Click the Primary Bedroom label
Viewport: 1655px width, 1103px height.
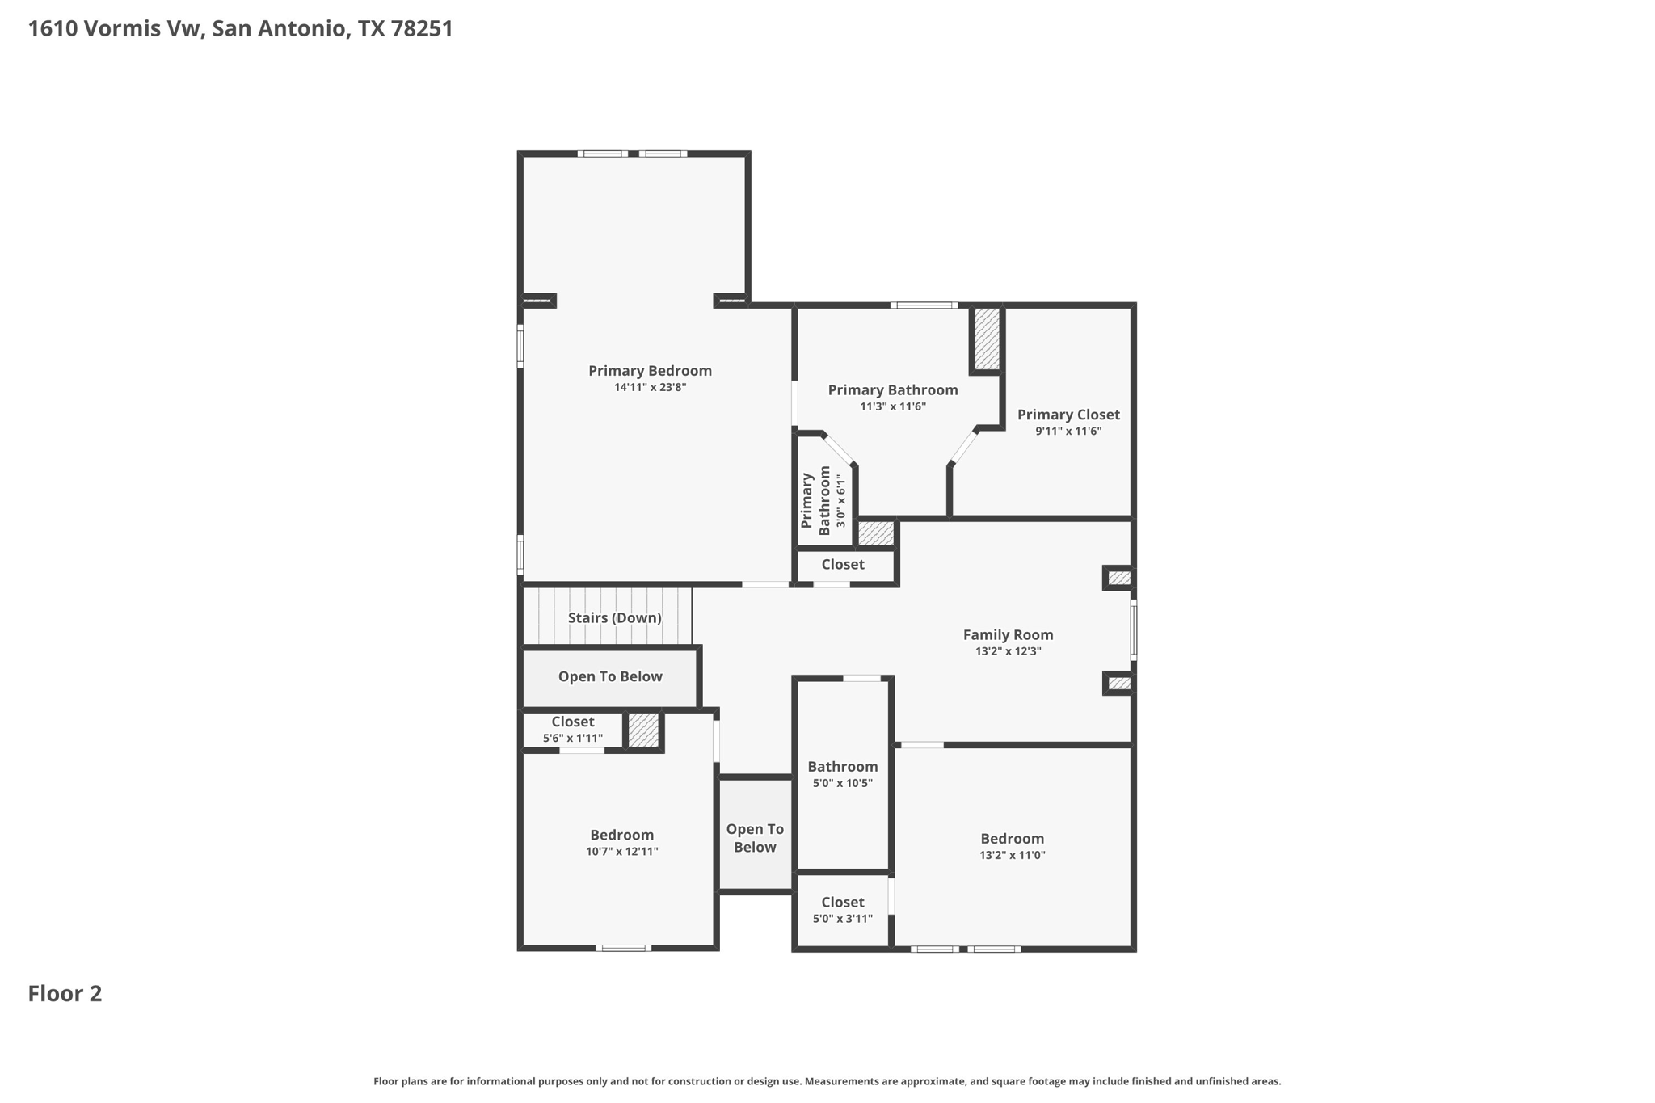pyautogui.click(x=650, y=371)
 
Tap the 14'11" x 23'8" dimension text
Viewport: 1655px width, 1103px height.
pyautogui.click(x=650, y=388)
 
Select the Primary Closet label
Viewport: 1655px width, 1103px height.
pyautogui.click(x=1068, y=415)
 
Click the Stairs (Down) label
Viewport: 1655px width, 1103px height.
pyautogui.click(x=614, y=618)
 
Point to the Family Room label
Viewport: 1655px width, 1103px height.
pyautogui.click(x=1008, y=635)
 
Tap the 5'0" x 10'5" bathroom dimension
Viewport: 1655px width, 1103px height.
pyautogui.click(x=842, y=783)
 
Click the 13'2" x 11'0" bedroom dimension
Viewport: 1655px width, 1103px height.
pyautogui.click(x=1012, y=855)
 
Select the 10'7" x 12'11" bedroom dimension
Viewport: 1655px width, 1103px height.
pyautogui.click(x=621, y=852)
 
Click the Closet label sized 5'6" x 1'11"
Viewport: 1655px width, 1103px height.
pyautogui.click(x=572, y=722)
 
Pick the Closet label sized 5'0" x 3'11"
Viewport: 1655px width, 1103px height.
pyautogui.click(x=842, y=902)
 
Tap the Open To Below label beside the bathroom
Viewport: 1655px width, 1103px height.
pyautogui.click(x=755, y=838)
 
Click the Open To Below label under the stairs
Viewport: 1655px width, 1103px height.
pyautogui.click(x=610, y=676)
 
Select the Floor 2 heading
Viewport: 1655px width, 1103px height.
pyautogui.click(x=65, y=994)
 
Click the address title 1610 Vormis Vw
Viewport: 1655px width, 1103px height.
pyautogui.click(x=240, y=29)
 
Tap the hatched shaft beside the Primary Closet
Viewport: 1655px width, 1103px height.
pyautogui.click(x=986, y=339)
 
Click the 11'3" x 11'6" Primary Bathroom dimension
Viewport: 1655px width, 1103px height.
pyautogui.click(x=892, y=407)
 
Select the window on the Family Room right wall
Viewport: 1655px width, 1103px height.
pyautogui.click(x=1133, y=630)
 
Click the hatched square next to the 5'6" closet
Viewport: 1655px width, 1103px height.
pyautogui.click(x=643, y=730)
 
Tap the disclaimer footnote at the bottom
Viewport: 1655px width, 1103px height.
pyautogui.click(x=827, y=1081)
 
